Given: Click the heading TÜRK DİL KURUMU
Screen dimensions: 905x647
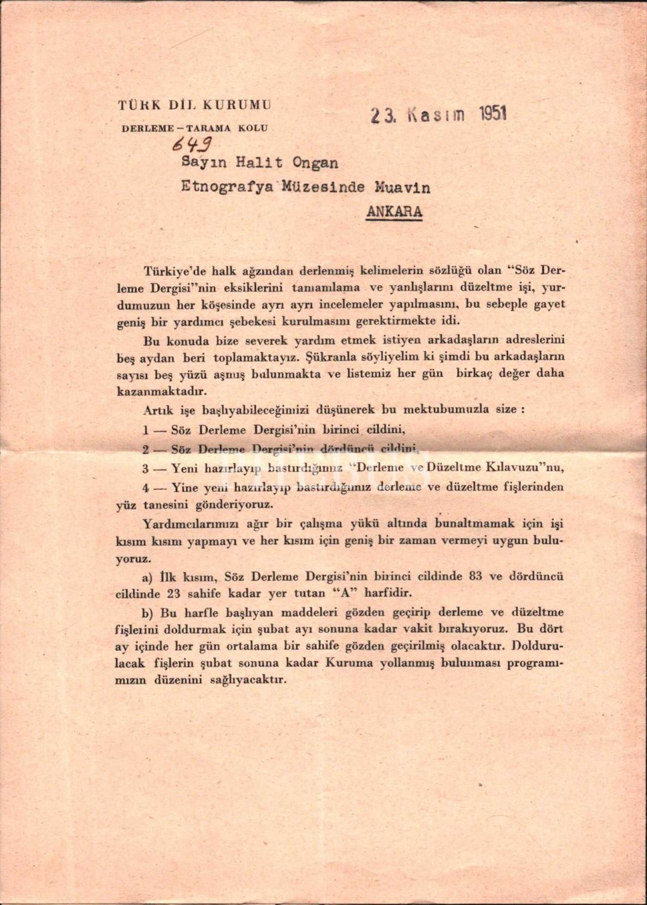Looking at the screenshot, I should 195,105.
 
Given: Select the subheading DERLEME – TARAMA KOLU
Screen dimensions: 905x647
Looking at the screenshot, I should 195,128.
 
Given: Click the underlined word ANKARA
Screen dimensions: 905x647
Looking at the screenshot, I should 394,212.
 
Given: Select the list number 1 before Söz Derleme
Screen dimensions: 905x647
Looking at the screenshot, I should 146,431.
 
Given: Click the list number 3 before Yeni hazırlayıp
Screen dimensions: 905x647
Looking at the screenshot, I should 146,468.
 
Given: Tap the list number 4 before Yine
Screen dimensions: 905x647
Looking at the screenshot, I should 146,486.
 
